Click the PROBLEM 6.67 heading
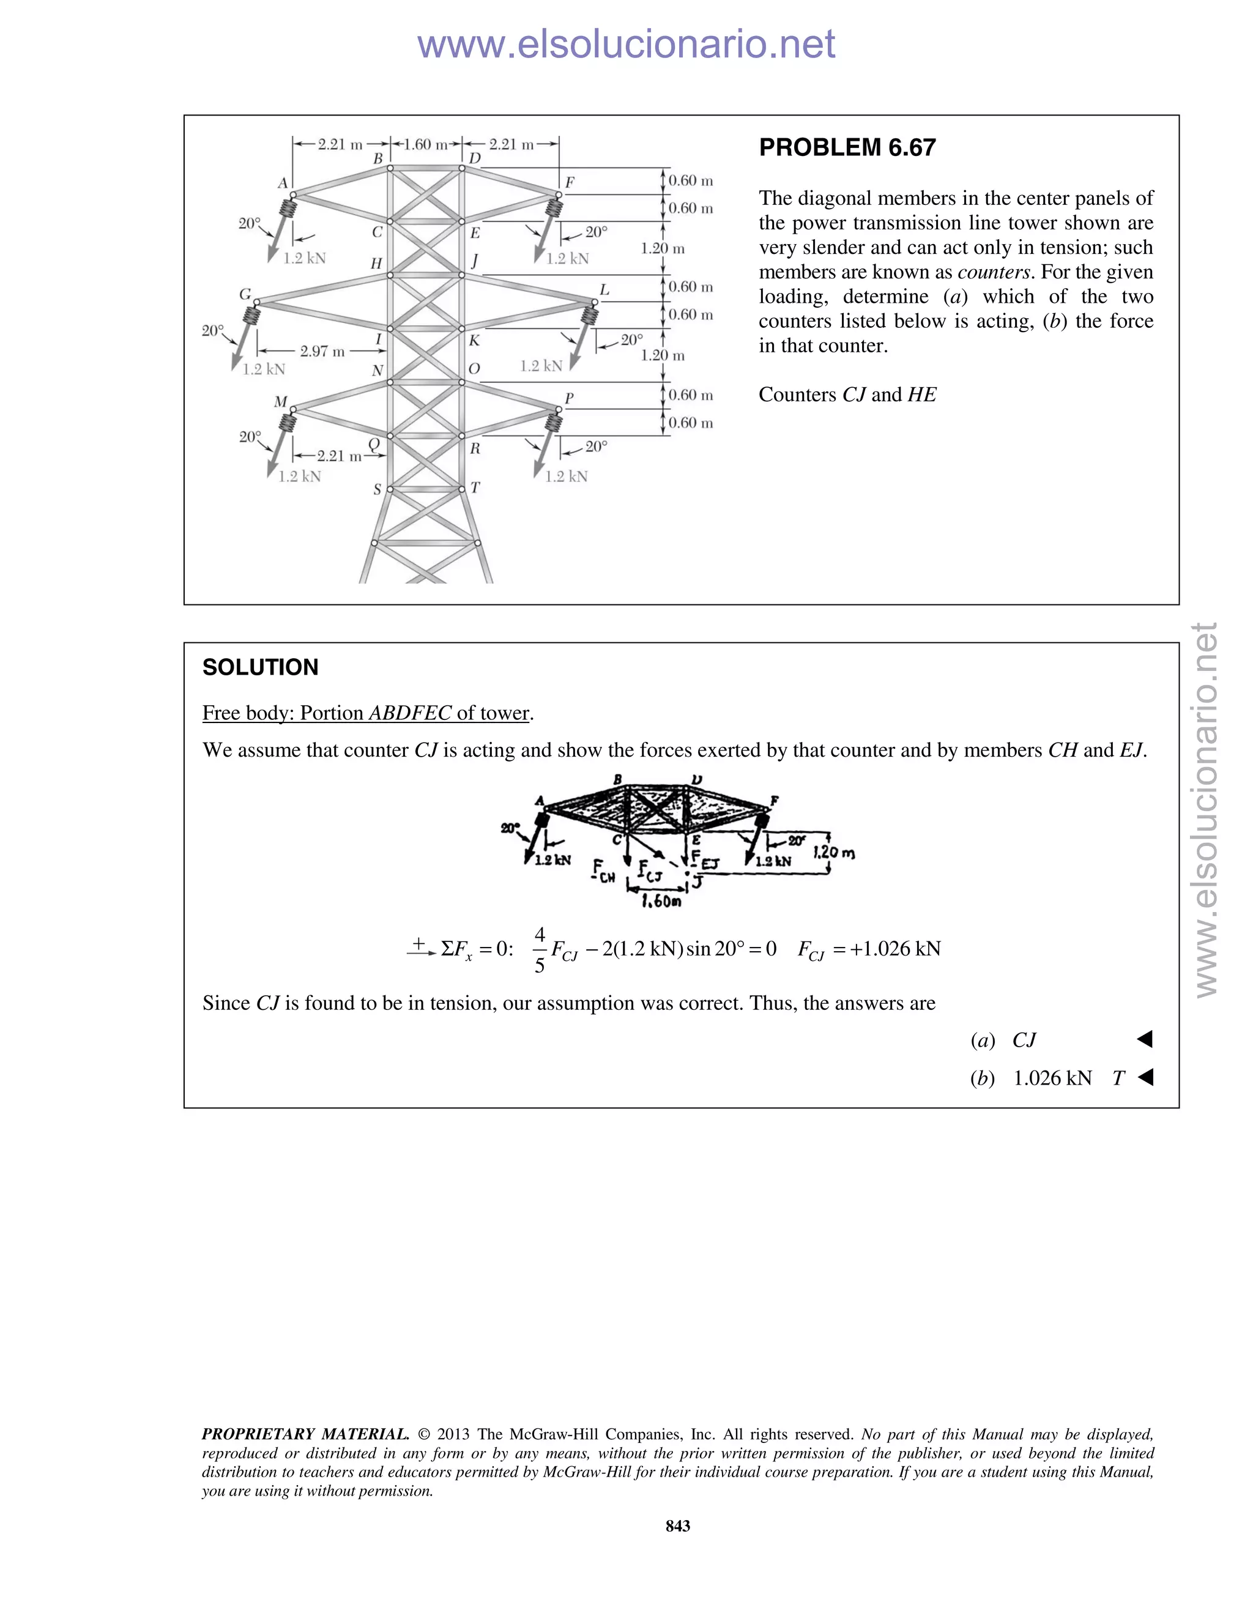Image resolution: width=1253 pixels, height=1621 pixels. coord(847,147)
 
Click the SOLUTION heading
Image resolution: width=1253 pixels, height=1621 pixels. coord(260,667)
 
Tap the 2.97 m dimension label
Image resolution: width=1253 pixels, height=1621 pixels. coord(322,351)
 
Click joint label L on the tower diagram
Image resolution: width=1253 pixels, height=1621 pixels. coord(604,290)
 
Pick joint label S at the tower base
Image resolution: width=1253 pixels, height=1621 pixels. coord(377,490)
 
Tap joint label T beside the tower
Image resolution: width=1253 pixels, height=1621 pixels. coord(475,488)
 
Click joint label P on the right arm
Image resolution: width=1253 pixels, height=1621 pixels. coord(570,399)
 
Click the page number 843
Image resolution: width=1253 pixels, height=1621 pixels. coord(678,1526)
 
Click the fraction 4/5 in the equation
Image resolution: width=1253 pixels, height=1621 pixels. coord(540,950)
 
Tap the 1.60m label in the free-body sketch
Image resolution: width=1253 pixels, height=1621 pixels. coord(661,901)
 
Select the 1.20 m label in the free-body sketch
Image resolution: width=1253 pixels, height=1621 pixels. coord(834,852)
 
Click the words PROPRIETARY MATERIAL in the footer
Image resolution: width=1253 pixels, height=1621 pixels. coord(305,1434)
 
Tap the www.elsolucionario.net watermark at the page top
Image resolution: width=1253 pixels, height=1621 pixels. coord(626,44)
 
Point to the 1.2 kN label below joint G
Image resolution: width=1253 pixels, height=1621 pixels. coord(264,369)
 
